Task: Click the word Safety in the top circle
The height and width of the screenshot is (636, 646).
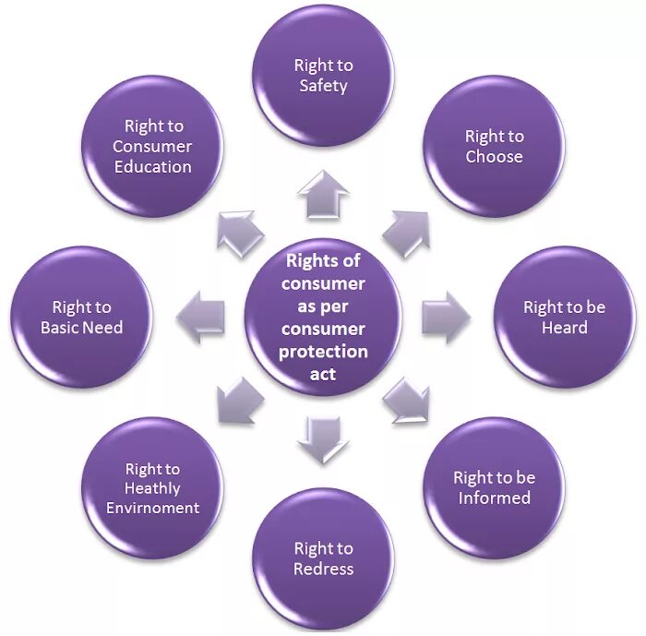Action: (x=323, y=86)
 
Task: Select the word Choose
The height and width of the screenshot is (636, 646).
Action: (x=494, y=157)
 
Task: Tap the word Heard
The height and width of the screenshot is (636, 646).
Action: (x=565, y=328)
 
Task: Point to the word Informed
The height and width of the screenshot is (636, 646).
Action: (x=495, y=498)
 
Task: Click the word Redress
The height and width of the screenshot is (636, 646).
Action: (x=323, y=570)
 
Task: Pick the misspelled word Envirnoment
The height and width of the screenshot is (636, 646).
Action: (x=152, y=508)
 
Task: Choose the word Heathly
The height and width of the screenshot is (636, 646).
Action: (x=152, y=488)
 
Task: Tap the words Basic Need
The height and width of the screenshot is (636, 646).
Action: (x=81, y=328)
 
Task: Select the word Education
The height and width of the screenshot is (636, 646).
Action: (x=152, y=167)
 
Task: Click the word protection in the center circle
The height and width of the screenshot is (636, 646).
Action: (x=323, y=352)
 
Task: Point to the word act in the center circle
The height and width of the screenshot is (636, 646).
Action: (x=323, y=374)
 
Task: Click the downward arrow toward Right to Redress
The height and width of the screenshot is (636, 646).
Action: (x=323, y=438)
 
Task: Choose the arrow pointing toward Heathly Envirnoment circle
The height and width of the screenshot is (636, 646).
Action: (x=239, y=400)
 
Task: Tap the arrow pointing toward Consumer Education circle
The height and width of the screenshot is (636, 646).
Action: (x=239, y=232)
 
